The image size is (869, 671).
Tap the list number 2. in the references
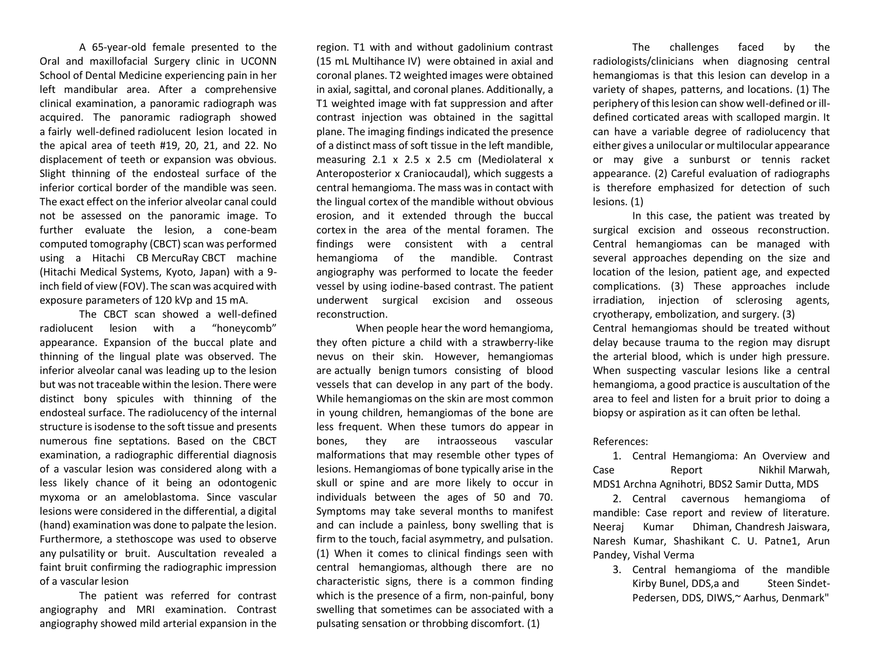click(617, 499)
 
